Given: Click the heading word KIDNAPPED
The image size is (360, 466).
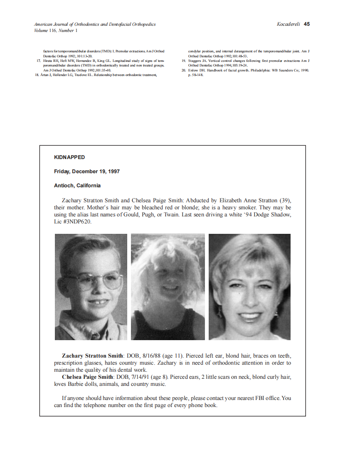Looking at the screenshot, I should coord(69,157).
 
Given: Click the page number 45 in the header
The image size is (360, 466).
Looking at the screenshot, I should coord(307,24).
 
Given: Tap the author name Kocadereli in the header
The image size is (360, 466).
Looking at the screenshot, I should coord(288,24).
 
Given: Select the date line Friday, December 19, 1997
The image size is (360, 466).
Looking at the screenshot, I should coord(87,172).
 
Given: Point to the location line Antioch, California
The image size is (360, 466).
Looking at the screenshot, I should coord(77,186).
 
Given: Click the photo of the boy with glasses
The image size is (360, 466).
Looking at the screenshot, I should coord(91,287).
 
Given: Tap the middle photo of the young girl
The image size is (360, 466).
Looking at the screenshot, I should coord(168,287).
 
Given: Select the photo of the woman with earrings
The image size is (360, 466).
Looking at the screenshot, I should coord(249,287).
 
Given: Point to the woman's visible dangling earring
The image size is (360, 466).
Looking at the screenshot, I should coord(217,311).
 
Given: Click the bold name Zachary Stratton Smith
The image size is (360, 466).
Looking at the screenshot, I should coord(92,356).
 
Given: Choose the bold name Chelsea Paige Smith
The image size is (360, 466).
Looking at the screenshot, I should coord(87,377).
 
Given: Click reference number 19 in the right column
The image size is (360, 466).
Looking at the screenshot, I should coord(184,61).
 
